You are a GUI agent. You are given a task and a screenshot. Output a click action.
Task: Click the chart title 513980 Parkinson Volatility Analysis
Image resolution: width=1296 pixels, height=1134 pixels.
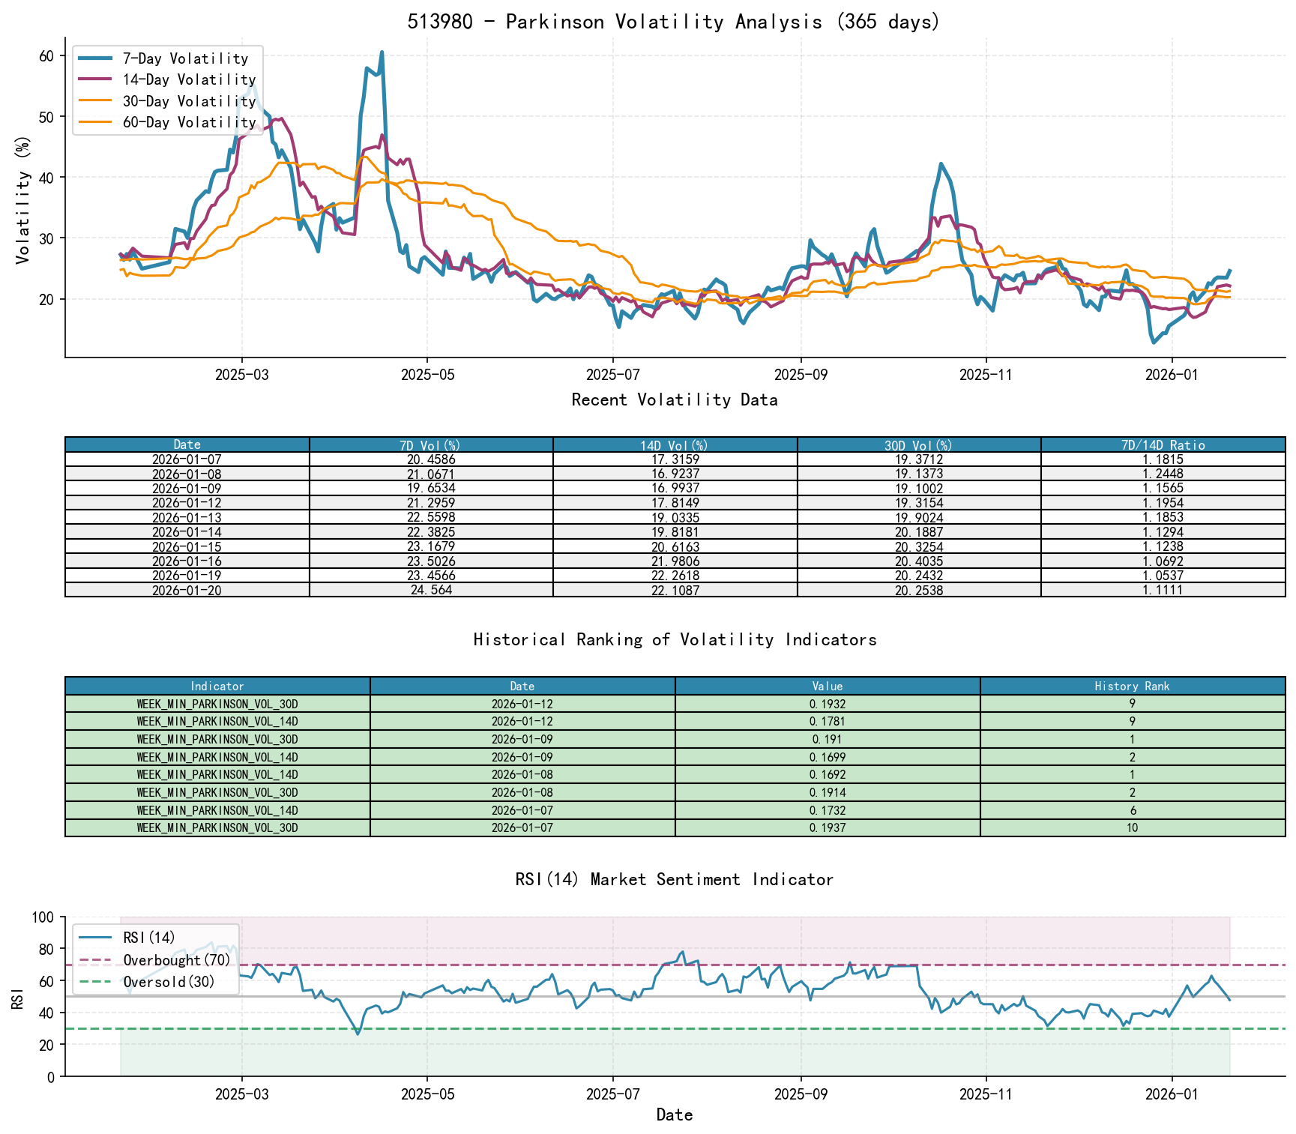[x=674, y=22]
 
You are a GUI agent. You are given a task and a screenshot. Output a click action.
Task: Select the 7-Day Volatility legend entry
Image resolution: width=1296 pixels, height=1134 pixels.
[x=185, y=58]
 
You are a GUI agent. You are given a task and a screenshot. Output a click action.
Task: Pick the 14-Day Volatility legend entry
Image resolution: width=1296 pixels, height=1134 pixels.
[x=189, y=79]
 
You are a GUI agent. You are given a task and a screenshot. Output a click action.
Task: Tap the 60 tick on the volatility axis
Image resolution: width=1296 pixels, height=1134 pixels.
[x=46, y=56]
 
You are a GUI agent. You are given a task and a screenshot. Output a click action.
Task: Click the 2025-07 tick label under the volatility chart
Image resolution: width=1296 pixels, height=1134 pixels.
[x=613, y=375]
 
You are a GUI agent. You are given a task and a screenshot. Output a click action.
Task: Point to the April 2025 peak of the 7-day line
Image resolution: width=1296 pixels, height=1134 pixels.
[x=382, y=52]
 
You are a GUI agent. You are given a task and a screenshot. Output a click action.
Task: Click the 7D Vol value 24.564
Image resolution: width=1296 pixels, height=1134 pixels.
[x=431, y=590]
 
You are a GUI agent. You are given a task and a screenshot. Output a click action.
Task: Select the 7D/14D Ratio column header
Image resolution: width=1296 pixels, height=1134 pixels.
[x=1163, y=445]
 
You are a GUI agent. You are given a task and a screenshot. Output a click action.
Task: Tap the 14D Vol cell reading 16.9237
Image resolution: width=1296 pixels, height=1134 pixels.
[x=675, y=474]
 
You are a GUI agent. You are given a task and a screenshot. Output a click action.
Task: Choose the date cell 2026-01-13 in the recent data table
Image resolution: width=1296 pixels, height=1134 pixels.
[x=187, y=517]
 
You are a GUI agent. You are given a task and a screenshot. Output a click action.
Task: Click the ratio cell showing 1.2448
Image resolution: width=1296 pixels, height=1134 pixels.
[x=1163, y=474]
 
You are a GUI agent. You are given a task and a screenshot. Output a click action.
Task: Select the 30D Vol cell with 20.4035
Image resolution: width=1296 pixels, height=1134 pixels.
[x=919, y=561]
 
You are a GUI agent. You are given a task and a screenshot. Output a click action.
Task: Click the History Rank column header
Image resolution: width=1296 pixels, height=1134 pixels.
[x=1132, y=686]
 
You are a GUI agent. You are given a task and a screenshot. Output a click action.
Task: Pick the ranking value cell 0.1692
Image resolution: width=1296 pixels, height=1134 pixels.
[x=828, y=775]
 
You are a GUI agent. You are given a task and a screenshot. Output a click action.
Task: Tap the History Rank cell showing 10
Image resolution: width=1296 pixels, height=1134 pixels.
[x=1132, y=828]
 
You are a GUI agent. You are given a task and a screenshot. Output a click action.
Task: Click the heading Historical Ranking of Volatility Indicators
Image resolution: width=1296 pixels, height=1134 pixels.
[x=675, y=639]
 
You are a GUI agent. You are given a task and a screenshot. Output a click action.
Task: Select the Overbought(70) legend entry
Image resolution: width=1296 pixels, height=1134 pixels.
[x=177, y=960]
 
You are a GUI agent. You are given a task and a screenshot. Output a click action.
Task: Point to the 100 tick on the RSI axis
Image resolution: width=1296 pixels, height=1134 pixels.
[x=44, y=917]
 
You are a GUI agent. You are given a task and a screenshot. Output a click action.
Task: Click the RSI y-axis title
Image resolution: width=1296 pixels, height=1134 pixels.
[x=17, y=998]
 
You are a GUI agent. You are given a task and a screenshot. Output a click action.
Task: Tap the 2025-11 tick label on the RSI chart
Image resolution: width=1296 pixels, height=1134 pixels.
[x=986, y=1094]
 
